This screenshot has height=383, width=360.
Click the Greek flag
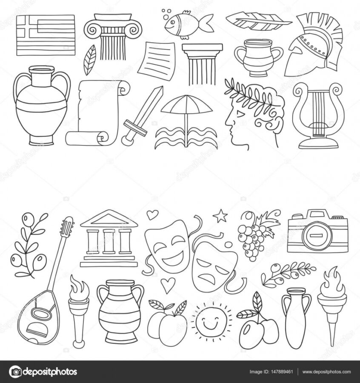(46, 35)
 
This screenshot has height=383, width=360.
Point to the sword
(143, 116)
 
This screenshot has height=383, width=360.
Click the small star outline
(220, 216)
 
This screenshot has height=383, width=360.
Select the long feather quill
(258, 22)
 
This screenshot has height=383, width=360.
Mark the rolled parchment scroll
(98, 113)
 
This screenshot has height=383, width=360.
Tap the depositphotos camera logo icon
(15, 372)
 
